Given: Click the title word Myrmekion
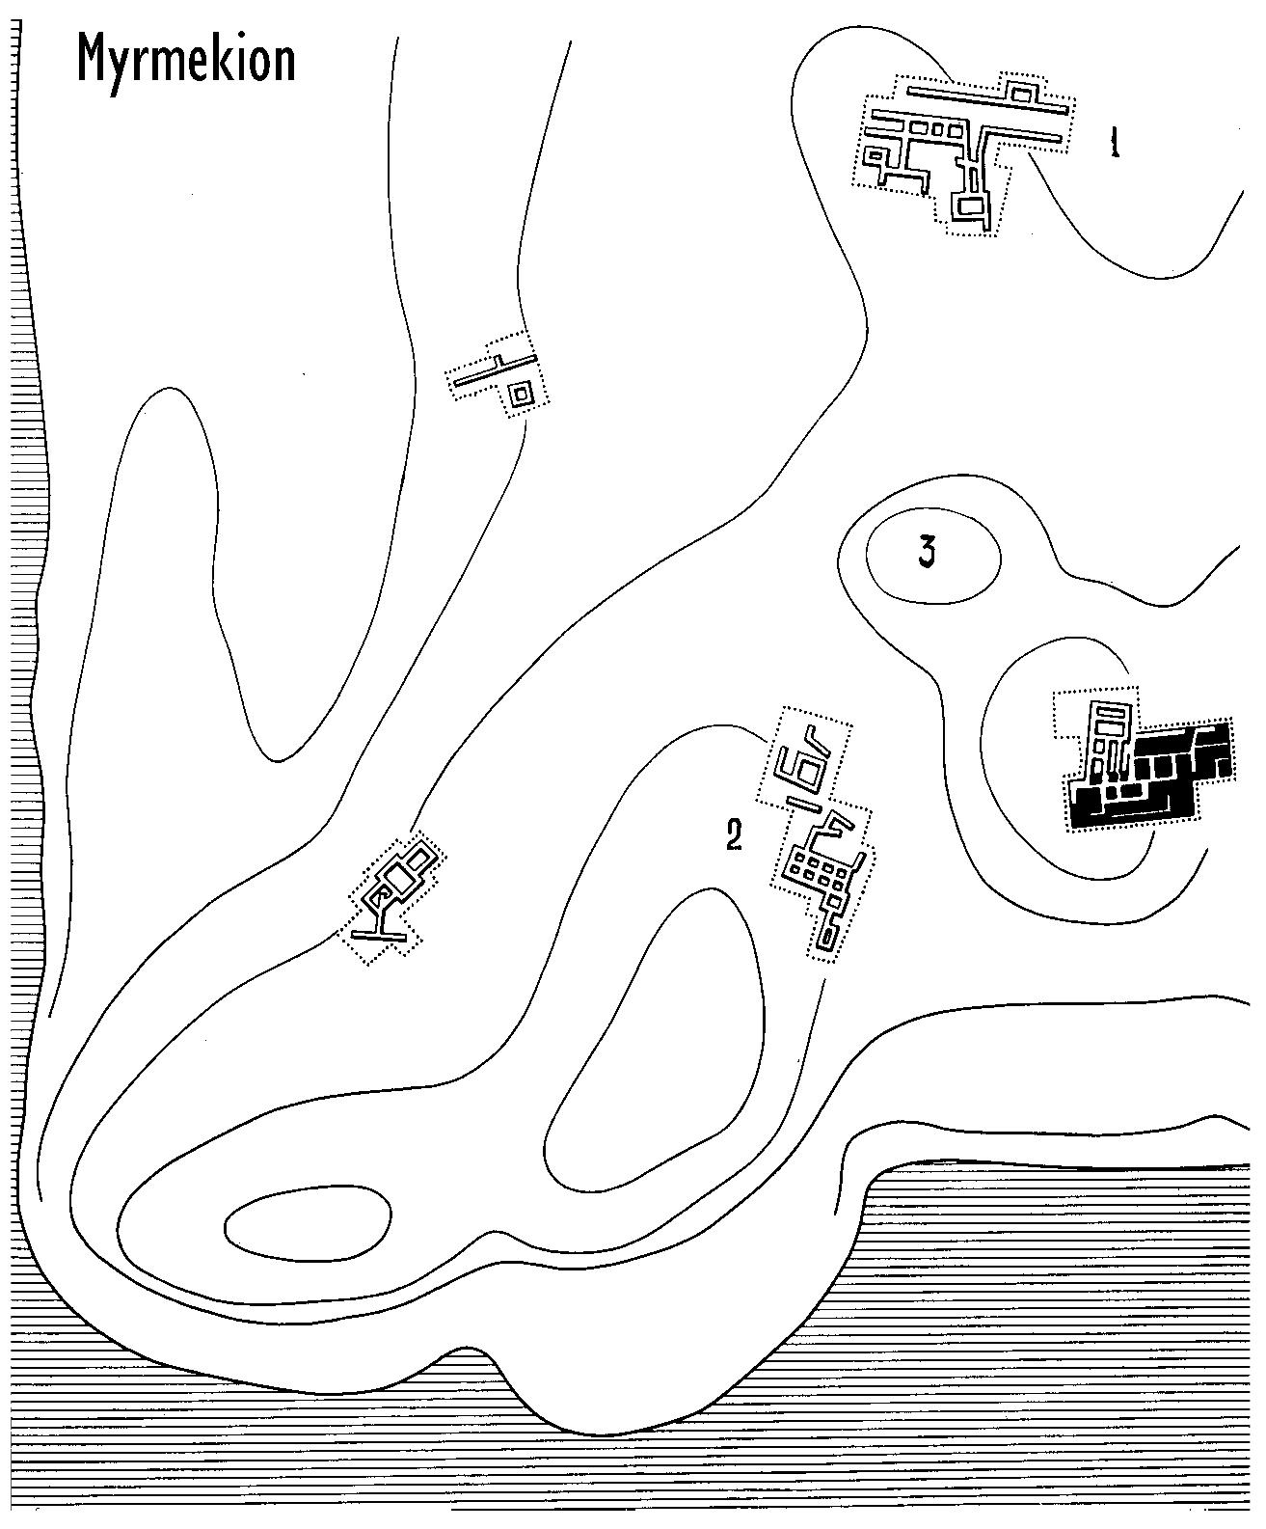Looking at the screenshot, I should pos(186,60).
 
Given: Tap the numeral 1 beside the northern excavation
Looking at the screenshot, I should pos(1116,144).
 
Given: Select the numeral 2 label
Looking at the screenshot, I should pos(735,835).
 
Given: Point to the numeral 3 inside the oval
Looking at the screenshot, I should pos(927,553).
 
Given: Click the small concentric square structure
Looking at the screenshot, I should pos(522,394).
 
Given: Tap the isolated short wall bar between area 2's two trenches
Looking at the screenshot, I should pos(805,800).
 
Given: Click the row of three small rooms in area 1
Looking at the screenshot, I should pos(932,127).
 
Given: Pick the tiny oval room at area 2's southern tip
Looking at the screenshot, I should pos(826,939).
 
